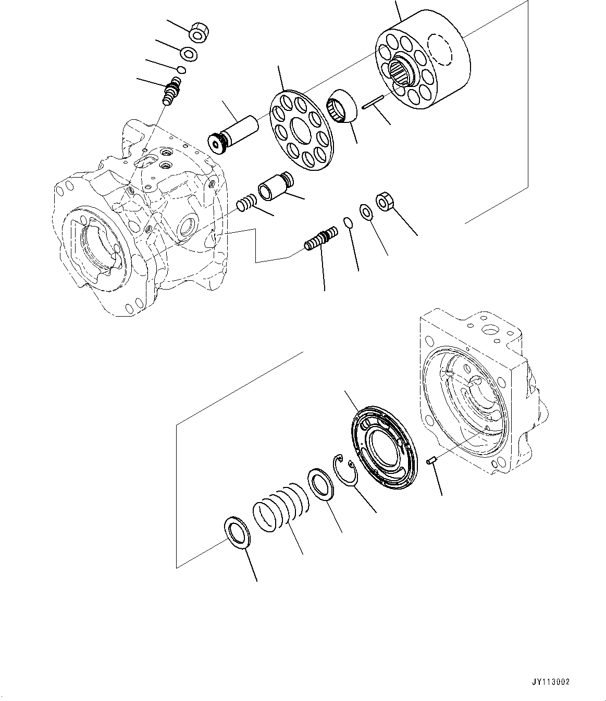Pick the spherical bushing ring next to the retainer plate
pos(342,106)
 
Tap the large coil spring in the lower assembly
pos(281,510)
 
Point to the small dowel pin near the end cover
pos(431,460)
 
